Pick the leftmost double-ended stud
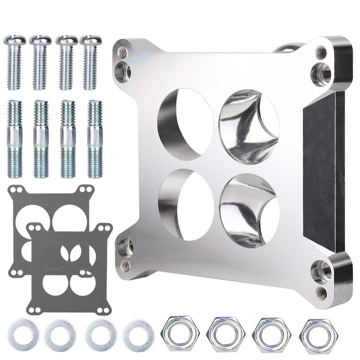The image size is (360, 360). (15, 139)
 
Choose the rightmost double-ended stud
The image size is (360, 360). (95, 139)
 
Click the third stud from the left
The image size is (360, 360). (68, 139)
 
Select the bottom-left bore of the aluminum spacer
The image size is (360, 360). (186, 204)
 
